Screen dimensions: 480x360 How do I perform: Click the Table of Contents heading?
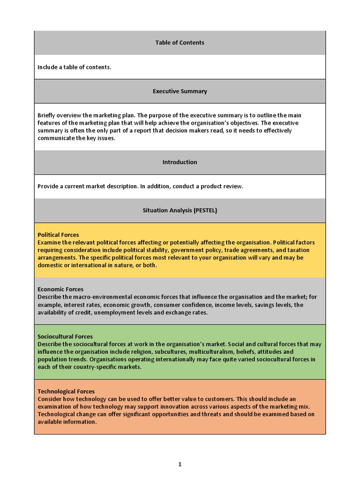(x=180, y=43)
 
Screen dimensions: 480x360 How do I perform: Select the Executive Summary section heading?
(x=180, y=91)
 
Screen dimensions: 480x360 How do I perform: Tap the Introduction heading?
(x=180, y=162)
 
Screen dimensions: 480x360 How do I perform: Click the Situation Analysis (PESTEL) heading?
(x=180, y=210)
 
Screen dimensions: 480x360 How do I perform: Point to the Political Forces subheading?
(x=58, y=235)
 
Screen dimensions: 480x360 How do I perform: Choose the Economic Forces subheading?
(x=60, y=289)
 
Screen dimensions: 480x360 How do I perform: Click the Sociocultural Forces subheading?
(x=65, y=337)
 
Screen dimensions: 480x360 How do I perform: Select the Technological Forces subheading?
(x=66, y=391)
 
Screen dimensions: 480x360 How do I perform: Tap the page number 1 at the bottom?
(x=180, y=465)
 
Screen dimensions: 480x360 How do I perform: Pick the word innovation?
(x=210, y=406)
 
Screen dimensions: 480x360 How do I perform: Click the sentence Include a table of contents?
(x=74, y=67)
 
